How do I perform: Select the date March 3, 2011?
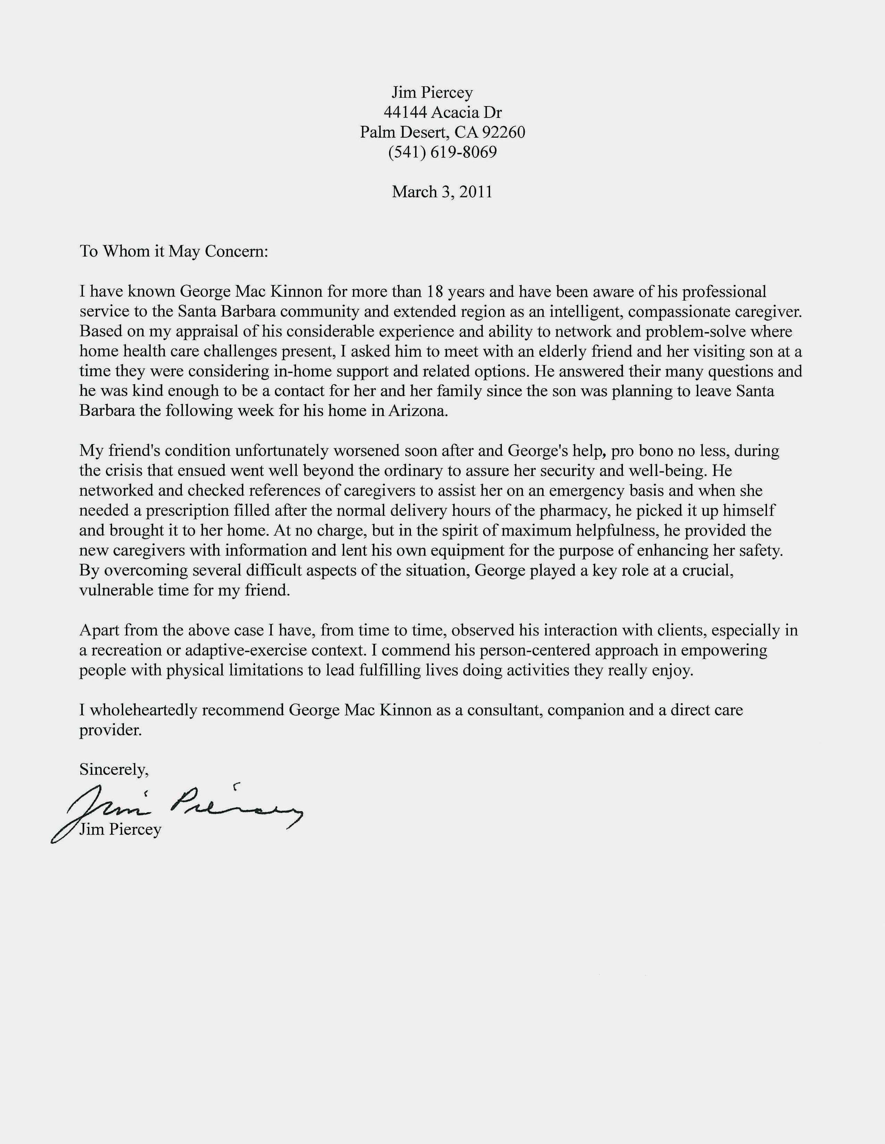click(x=442, y=192)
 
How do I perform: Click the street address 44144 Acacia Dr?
click(x=442, y=112)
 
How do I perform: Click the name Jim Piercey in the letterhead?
click(x=432, y=93)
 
